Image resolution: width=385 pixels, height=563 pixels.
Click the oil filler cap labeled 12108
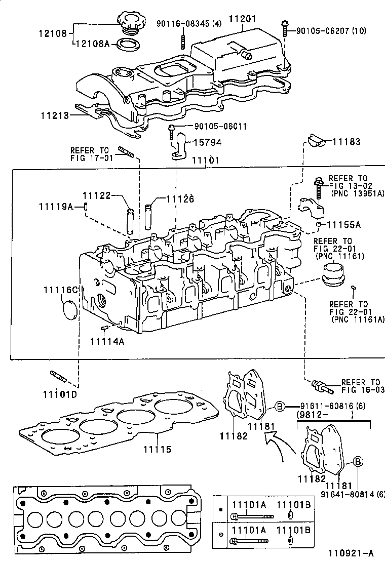point(131,23)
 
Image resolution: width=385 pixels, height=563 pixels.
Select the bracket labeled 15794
point(181,148)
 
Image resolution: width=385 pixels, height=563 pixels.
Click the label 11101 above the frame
point(205,160)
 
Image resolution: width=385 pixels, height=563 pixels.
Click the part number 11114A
point(107,341)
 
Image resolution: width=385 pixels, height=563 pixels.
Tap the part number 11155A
point(343,224)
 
